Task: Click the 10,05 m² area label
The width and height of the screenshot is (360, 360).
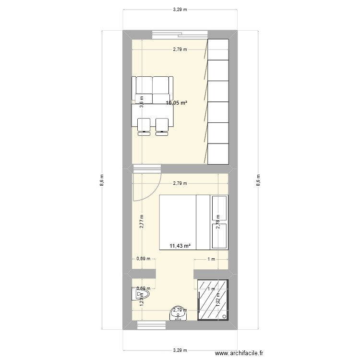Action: pos(177,103)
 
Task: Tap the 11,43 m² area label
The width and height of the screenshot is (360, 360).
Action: pos(180,246)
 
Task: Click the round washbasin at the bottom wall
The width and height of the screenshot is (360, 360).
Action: pos(178,314)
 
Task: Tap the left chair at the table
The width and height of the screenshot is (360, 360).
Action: pos(144,125)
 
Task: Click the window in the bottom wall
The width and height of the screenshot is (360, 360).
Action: pos(151,325)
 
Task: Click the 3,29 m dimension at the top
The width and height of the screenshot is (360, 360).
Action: pos(180,9)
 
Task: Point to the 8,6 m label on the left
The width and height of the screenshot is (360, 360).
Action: pos(101,180)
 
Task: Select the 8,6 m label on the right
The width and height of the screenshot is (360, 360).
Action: pos(259,180)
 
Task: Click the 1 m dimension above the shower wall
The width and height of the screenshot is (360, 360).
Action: pos(211,259)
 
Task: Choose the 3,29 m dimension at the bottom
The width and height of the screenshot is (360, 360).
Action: pos(180,350)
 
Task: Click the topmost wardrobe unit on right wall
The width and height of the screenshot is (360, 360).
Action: pos(218,49)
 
